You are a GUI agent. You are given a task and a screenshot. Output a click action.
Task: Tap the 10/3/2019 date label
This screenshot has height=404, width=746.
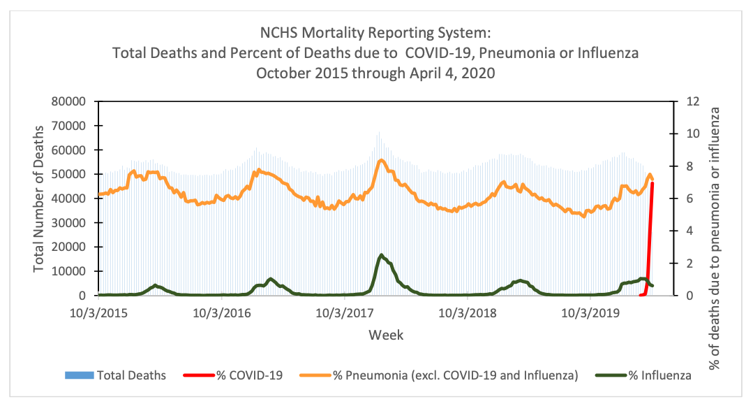[x=587, y=311]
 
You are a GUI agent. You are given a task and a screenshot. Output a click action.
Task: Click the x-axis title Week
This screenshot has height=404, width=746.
[x=386, y=335]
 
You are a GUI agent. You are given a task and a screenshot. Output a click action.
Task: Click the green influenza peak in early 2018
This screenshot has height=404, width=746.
[x=381, y=256]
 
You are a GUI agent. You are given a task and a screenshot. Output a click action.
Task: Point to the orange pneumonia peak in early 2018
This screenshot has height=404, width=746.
[x=381, y=161]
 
